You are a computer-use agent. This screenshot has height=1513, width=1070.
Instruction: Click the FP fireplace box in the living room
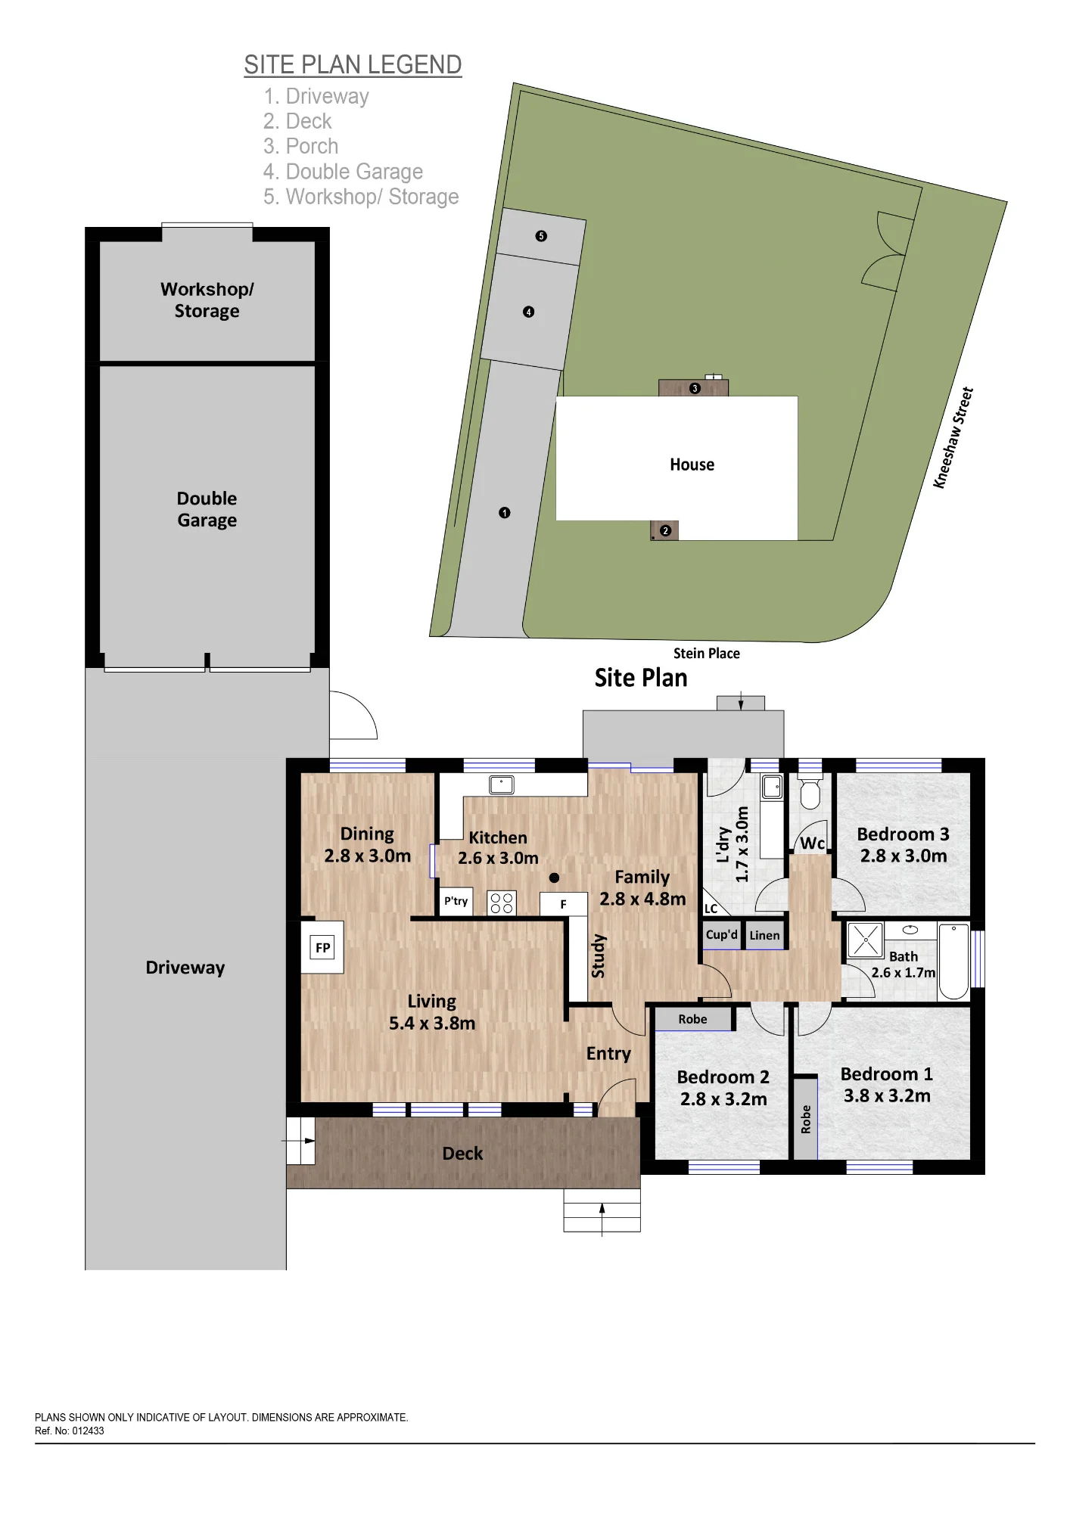tap(323, 947)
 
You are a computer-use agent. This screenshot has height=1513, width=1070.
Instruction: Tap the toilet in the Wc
tap(810, 791)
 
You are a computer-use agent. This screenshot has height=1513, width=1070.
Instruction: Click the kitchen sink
tap(501, 784)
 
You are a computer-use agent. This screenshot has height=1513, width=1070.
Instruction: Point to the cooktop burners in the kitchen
tap(502, 903)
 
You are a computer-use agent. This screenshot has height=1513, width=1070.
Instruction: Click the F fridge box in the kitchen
tap(563, 904)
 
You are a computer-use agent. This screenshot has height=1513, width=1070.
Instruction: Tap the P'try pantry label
tap(456, 901)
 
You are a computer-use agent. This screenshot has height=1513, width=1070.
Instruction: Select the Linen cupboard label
tap(764, 935)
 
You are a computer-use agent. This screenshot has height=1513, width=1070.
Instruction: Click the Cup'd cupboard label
tap(721, 934)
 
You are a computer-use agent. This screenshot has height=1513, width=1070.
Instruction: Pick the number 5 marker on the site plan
tap(541, 236)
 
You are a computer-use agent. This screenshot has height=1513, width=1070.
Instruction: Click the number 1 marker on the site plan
tap(505, 513)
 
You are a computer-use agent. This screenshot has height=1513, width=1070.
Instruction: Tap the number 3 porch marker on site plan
tap(695, 389)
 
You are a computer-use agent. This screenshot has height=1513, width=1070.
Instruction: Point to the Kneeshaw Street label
tap(953, 438)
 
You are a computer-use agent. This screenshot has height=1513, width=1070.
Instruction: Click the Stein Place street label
tap(707, 654)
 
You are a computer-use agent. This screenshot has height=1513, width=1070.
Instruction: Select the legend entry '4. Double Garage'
tap(343, 172)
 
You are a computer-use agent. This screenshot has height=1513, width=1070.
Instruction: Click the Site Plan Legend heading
tap(353, 65)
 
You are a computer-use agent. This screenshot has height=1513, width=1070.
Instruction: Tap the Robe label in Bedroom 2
tap(692, 1019)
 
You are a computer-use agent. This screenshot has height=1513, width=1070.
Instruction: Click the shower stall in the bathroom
tap(866, 940)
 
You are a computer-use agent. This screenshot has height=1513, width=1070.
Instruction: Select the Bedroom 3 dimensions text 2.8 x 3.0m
tap(904, 856)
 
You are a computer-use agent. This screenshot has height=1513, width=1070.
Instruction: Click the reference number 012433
tap(88, 1431)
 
